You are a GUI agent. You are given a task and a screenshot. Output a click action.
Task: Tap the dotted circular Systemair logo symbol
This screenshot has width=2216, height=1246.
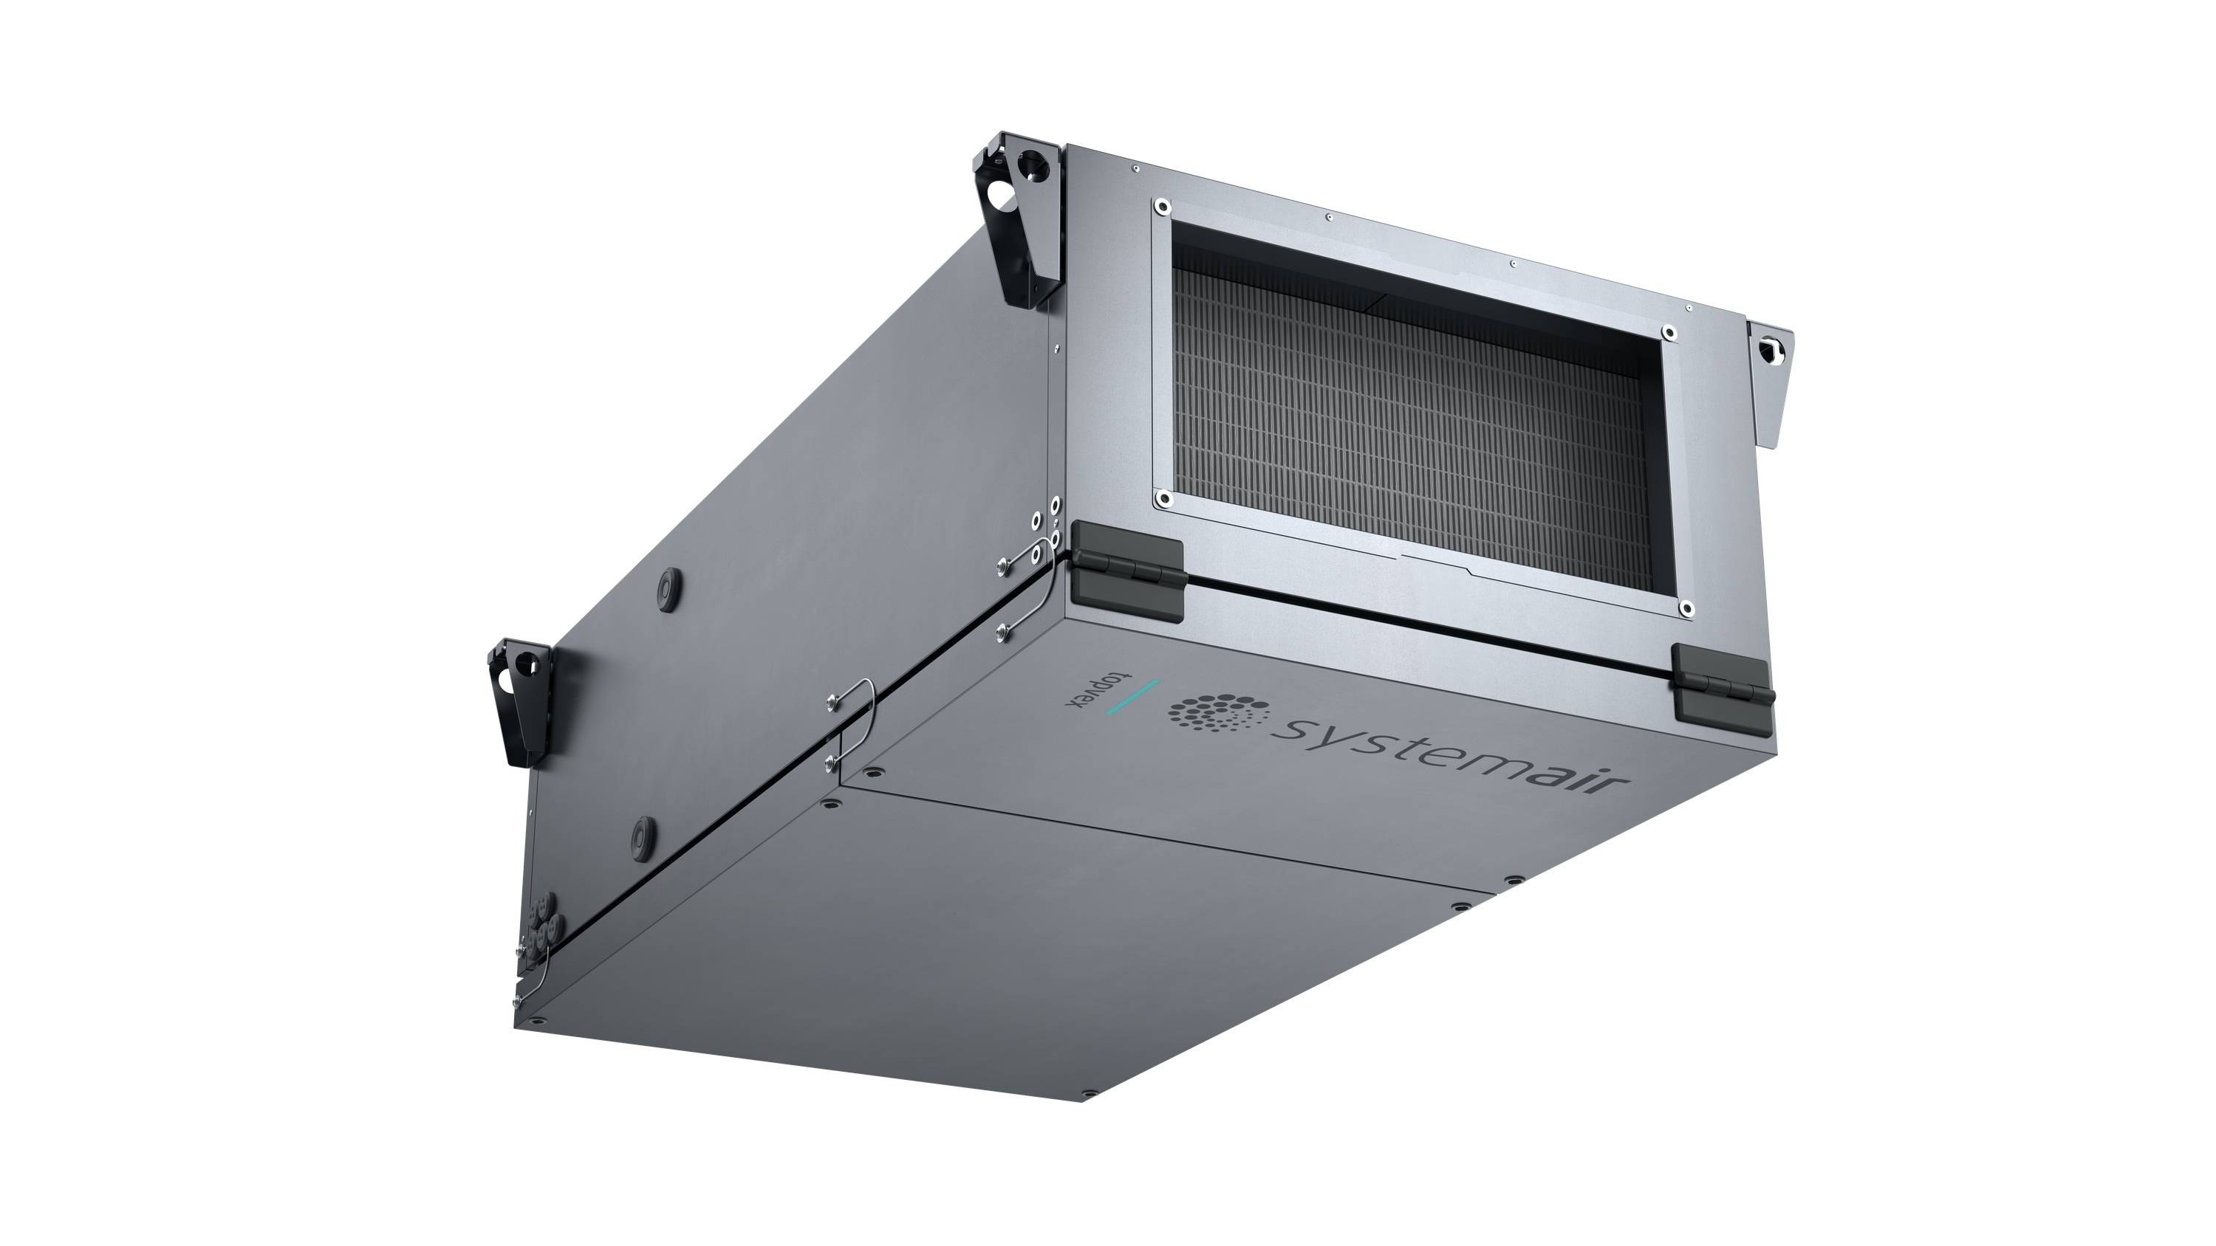tap(1218, 715)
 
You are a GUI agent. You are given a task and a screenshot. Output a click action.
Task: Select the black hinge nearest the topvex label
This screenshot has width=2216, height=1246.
tap(1128, 568)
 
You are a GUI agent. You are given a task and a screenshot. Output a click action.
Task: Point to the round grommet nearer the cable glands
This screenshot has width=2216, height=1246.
tap(642, 833)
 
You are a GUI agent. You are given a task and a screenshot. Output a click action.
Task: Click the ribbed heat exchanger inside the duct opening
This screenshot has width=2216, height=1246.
tap(1411, 430)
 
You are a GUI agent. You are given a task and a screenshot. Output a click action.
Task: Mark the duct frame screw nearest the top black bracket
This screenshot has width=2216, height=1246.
tap(1162, 207)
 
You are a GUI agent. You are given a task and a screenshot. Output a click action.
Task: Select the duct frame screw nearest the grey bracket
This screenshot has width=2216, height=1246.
tap(1669, 332)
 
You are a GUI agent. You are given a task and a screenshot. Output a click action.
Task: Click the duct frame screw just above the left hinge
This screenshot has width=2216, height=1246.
tap(1163, 498)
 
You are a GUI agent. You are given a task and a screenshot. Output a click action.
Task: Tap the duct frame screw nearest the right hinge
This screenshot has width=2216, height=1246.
tap(1686, 608)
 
